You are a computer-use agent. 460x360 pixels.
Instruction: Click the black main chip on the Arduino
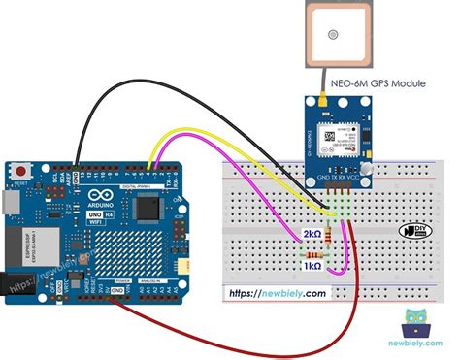click(x=148, y=207)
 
